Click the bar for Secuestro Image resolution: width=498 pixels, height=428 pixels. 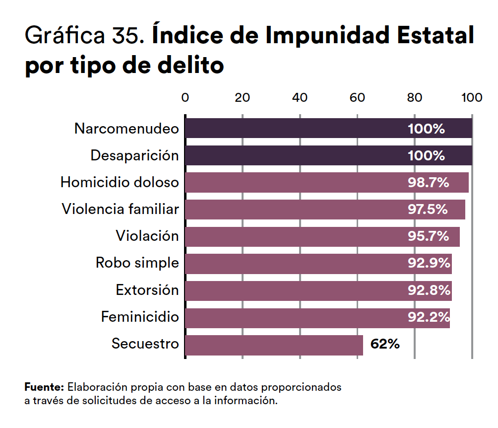[x=274, y=345]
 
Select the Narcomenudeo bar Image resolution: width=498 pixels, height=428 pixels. [x=298, y=128]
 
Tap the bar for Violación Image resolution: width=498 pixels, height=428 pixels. [x=298, y=236]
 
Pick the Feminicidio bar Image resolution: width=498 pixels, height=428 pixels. [x=298, y=318]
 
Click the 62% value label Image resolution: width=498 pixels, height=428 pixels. [x=385, y=344]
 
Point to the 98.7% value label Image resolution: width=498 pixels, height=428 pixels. [x=428, y=183]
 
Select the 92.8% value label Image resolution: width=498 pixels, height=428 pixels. [x=429, y=290]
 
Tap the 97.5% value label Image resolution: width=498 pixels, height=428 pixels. [x=428, y=210]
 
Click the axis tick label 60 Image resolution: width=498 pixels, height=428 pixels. [x=357, y=97]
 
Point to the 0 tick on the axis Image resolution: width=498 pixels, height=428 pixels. [x=185, y=97]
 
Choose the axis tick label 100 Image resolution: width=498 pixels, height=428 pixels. [x=471, y=97]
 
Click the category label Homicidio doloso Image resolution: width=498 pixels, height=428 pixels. [x=119, y=183]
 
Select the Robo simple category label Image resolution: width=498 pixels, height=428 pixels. [x=137, y=263]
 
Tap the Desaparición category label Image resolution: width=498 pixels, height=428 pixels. [x=134, y=156]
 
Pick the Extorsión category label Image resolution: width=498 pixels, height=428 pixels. [x=147, y=290]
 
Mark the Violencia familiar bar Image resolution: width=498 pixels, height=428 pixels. [x=298, y=210]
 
